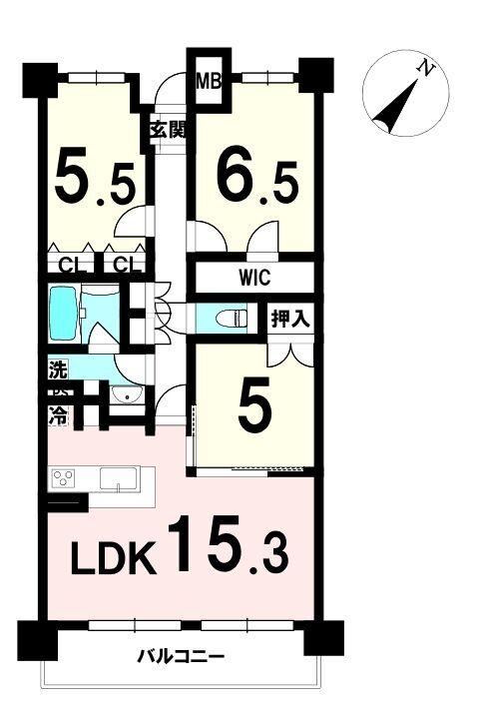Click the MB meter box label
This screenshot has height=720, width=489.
pyautogui.click(x=209, y=81)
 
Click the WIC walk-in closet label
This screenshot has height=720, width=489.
pyautogui.click(x=254, y=278)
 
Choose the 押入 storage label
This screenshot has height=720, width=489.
pyautogui.click(x=291, y=319)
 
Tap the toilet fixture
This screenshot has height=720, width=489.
pyautogui.click(x=232, y=318)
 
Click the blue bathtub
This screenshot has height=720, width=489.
pyautogui.click(x=64, y=314)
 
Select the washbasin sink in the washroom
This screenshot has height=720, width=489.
pyautogui.click(x=127, y=394)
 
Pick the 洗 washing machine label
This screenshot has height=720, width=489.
pyautogui.click(x=58, y=370)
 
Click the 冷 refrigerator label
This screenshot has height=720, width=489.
pyautogui.click(x=58, y=417)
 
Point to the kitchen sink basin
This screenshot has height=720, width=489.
pyautogui.click(x=119, y=480)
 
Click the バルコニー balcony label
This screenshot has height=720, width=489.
pyautogui.click(x=182, y=657)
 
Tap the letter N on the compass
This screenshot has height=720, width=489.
pyautogui.click(x=426, y=69)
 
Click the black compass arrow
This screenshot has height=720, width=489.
pyautogui.click(x=395, y=106)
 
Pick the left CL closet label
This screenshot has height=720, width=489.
pyautogui.click(x=72, y=266)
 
